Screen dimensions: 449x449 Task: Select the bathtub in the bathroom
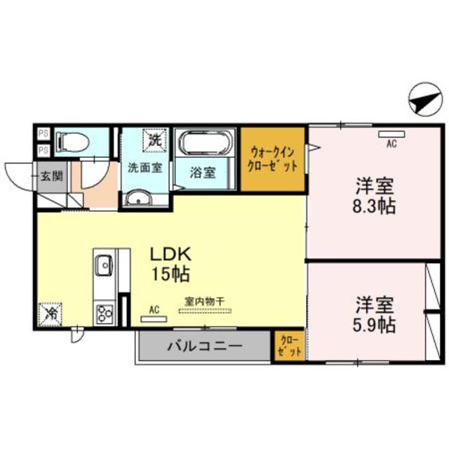pos(206,143)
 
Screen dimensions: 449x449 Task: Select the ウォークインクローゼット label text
pos(274,160)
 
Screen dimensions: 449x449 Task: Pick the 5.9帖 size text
pos(373,324)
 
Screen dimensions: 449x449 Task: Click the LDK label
pos(168,253)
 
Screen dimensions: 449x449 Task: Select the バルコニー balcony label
pos(205,346)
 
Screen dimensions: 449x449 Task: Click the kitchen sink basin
pos(104,264)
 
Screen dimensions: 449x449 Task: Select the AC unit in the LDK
pos(154,317)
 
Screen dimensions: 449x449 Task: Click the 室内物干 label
pos(204,302)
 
